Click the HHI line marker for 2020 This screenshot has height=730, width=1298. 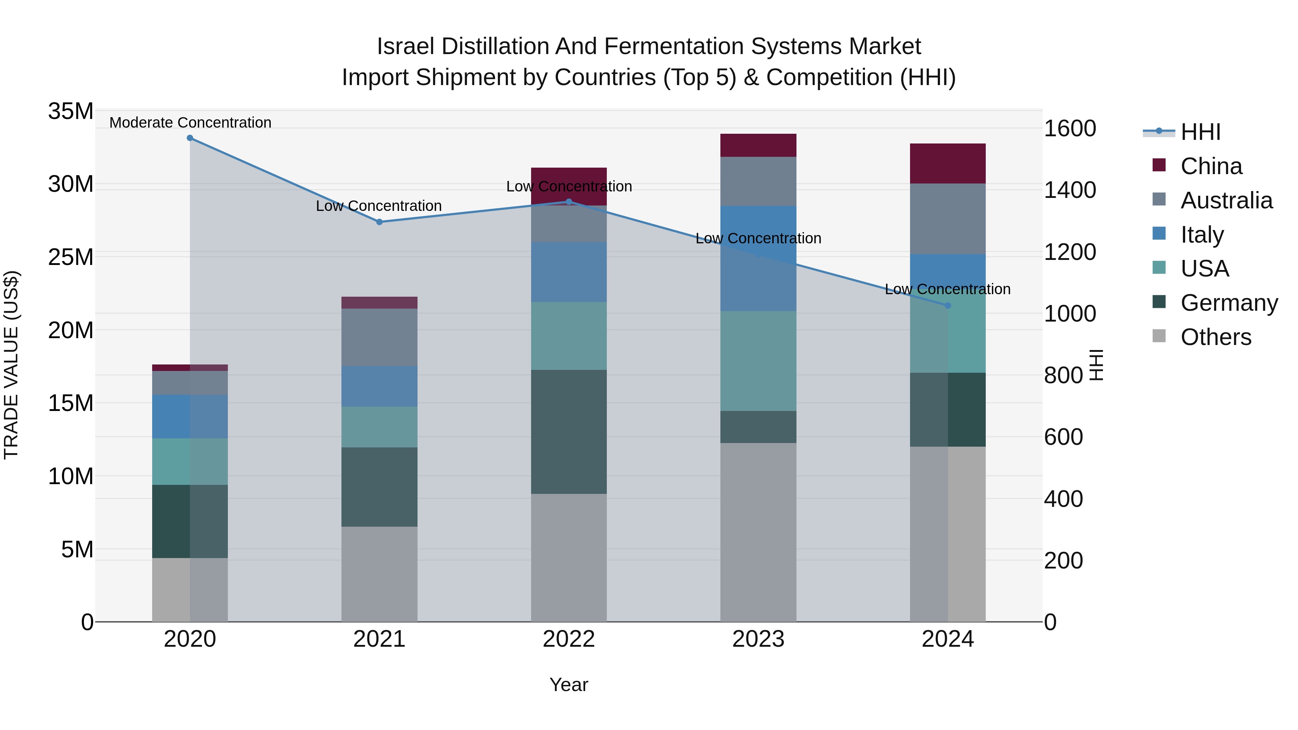pyautogui.click(x=190, y=138)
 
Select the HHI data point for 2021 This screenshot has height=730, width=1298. pyautogui.click(x=379, y=222)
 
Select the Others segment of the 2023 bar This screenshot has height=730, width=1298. pyautogui.click(x=758, y=532)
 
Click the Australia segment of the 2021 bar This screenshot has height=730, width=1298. pyautogui.click(x=379, y=337)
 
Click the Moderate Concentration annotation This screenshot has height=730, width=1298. pyautogui.click(x=190, y=123)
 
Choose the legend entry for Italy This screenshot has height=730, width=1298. pyautogui.click(x=1202, y=234)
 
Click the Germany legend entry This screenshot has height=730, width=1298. pyautogui.click(x=1228, y=303)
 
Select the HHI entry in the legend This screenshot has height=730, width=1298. pyautogui.click(x=1200, y=132)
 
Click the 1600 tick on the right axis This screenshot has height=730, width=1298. pyautogui.click(x=1069, y=128)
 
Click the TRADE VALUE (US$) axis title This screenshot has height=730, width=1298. pyautogui.click(x=11, y=365)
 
